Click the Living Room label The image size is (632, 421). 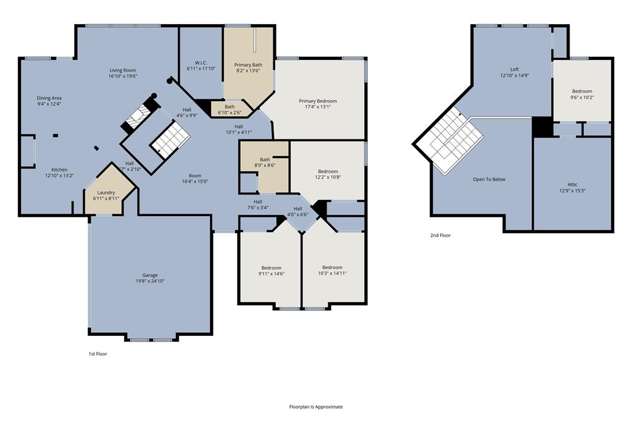point(122,70)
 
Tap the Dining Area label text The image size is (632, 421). point(49,98)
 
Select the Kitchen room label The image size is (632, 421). point(59,170)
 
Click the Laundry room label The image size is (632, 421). point(106,193)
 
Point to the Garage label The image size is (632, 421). point(150,275)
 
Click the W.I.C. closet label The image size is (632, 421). point(201,62)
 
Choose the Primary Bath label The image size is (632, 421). point(248,65)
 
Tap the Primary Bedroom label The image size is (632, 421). point(318,101)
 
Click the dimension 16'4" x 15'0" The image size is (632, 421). point(195,181)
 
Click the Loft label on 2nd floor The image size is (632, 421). point(515,69)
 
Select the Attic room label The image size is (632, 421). point(573,184)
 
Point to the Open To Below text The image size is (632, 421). point(489,180)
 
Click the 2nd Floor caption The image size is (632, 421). point(441,235)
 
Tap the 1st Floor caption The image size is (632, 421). point(98,354)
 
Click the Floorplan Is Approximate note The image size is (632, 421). point(316,407)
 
